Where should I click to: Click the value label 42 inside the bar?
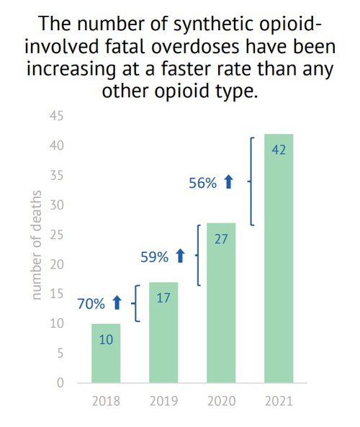point(278,150)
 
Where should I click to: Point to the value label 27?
point(220,239)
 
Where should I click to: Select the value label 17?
point(163,297)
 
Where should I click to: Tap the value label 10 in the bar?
point(106,339)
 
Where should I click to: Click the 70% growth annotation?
point(91,305)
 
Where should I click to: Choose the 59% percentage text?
point(153,256)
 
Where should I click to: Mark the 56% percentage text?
point(202,184)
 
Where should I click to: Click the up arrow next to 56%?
point(229,184)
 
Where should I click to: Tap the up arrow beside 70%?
point(117,305)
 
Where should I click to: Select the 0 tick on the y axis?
point(61,383)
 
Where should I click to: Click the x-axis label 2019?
point(163,401)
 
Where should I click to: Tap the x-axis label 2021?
point(278,401)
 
